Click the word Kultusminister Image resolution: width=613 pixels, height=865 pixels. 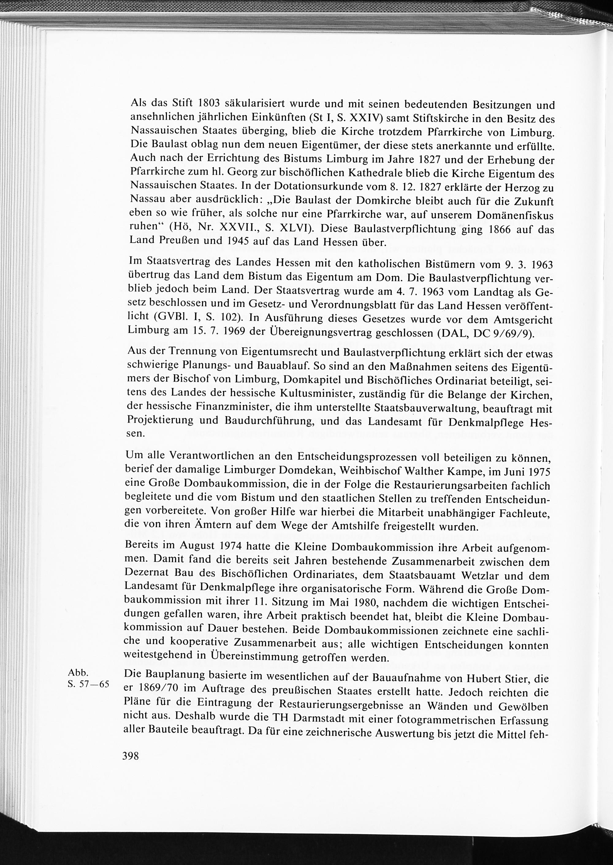tap(317, 393)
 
